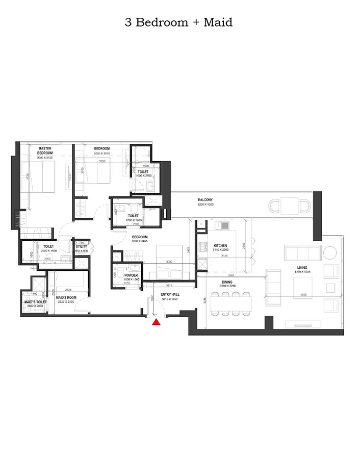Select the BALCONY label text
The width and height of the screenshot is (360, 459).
205,199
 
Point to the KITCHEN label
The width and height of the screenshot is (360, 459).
221,245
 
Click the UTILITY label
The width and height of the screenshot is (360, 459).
82,246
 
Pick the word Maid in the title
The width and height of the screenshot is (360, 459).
220,22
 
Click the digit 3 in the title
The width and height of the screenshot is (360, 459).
127,22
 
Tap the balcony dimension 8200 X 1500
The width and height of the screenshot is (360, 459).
205,204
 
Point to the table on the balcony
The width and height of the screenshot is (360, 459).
289,206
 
